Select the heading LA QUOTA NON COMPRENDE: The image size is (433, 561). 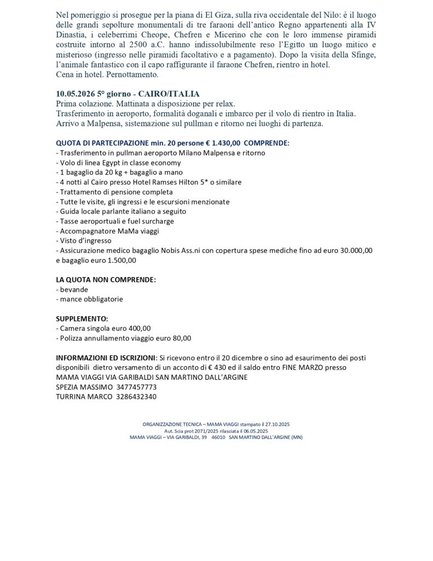pos(106,279)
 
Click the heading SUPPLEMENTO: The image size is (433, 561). pos(82,318)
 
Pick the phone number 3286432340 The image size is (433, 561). pos(136,397)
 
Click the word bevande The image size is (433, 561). pos(74,289)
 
